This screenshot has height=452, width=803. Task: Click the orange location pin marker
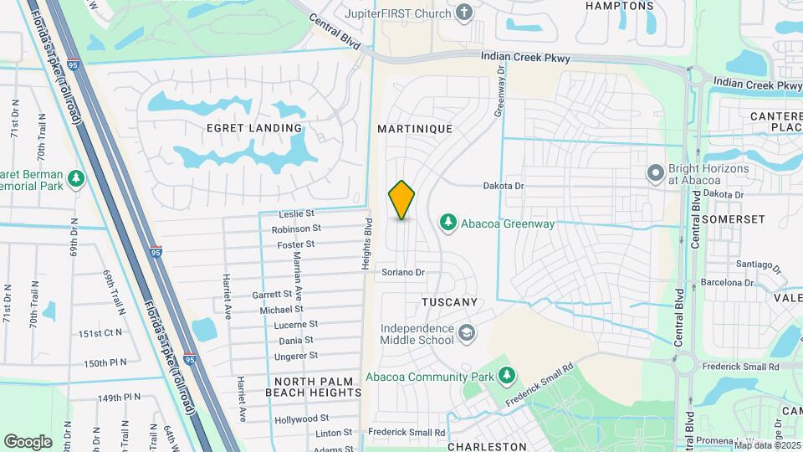click(x=402, y=200)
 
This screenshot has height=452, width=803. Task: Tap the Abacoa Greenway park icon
click(x=448, y=223)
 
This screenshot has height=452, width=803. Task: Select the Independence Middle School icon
click(x=467, y=335)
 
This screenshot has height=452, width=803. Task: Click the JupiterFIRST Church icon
click(x=465, y=13)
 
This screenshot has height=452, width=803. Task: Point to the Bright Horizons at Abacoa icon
click(x=657, y=172)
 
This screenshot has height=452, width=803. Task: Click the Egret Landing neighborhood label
click(x=254, y=128)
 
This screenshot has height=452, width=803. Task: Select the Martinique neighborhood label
click(x=414, y=129)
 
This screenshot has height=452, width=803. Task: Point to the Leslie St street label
click(x=297, y=213)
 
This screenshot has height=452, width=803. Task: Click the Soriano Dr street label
click(x=403, y=272)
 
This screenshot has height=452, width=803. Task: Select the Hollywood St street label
click(x=302, y=418)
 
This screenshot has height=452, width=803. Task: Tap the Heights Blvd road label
click(x=366, y=244)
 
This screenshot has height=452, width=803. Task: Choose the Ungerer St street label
click(x=296, y=355)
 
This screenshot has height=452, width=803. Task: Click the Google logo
click(x=28, y=441)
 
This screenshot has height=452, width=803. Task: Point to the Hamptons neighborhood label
click(x=619, y=6)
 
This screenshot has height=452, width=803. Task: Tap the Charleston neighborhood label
click(x=487, y=447)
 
